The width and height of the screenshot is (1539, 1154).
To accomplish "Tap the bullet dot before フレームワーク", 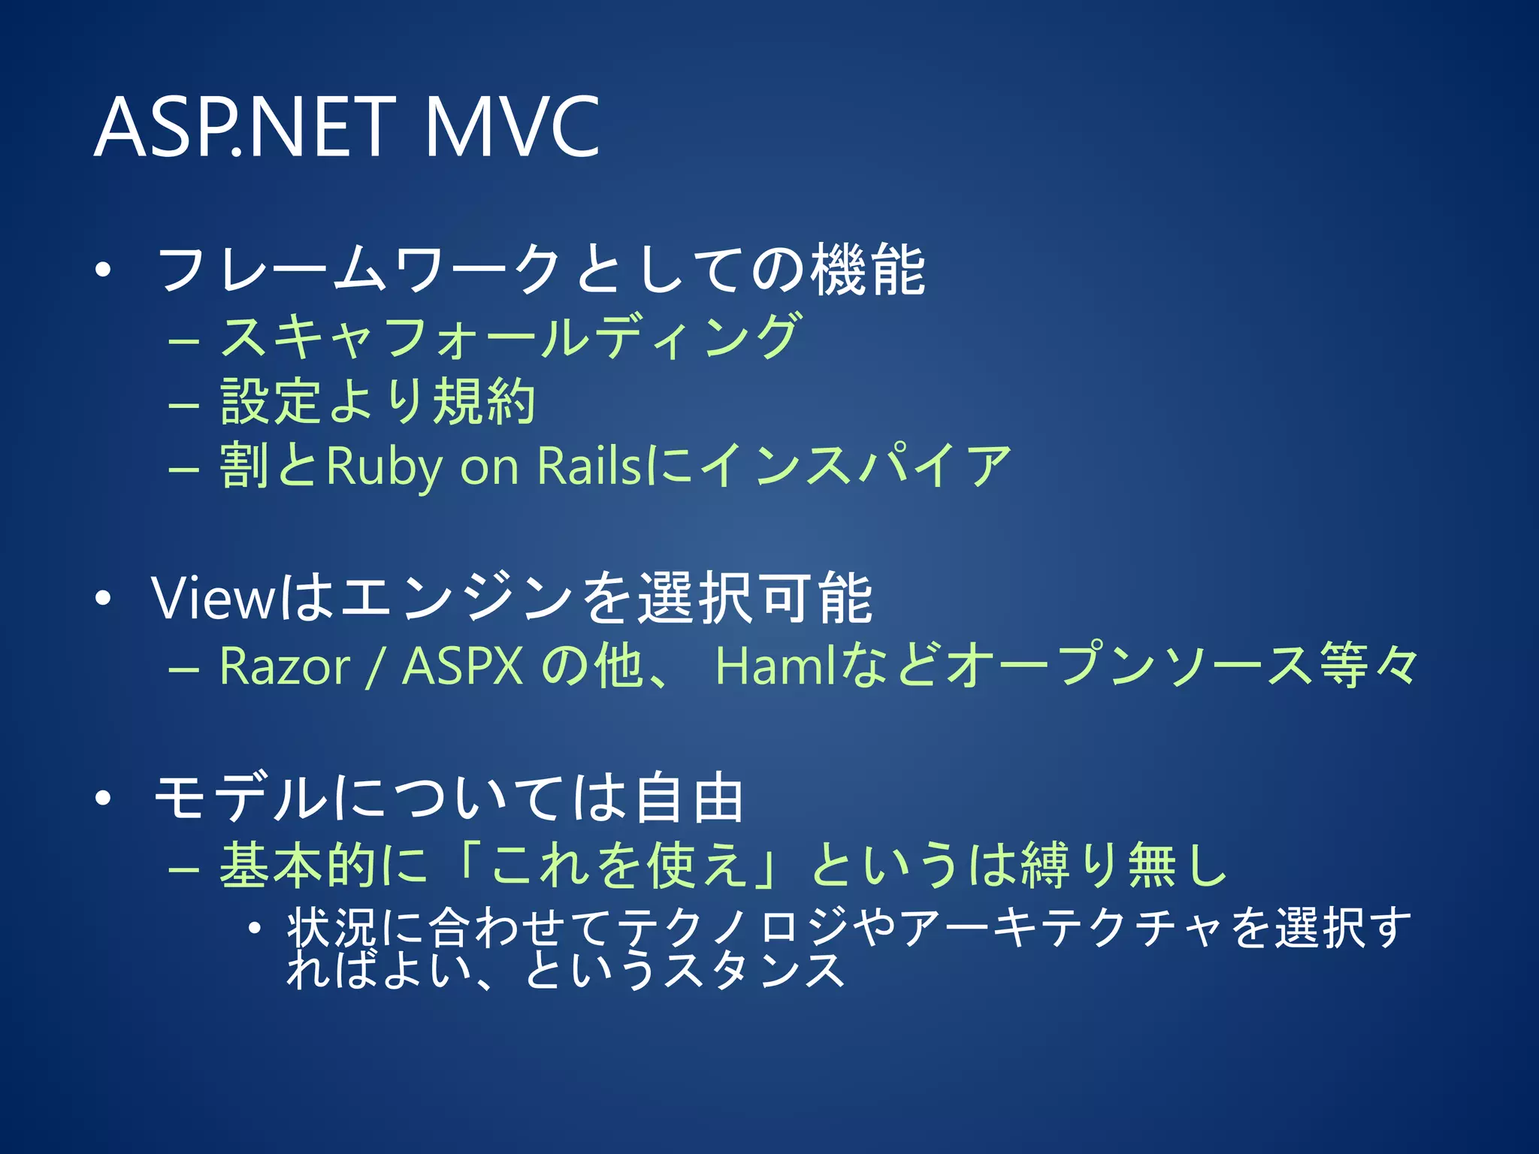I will [103, 270].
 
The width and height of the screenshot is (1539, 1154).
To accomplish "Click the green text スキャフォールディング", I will [511, 337].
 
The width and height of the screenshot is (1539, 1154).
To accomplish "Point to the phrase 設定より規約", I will [378, 402].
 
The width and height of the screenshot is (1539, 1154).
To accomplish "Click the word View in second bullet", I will [213, 599].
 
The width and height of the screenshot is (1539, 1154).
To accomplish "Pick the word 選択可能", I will [755, 599].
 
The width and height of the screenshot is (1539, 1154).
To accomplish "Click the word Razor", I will [285, 666].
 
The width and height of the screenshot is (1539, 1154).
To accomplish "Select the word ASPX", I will [463, 666].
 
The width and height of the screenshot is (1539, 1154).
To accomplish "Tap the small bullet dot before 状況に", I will [255, 929].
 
